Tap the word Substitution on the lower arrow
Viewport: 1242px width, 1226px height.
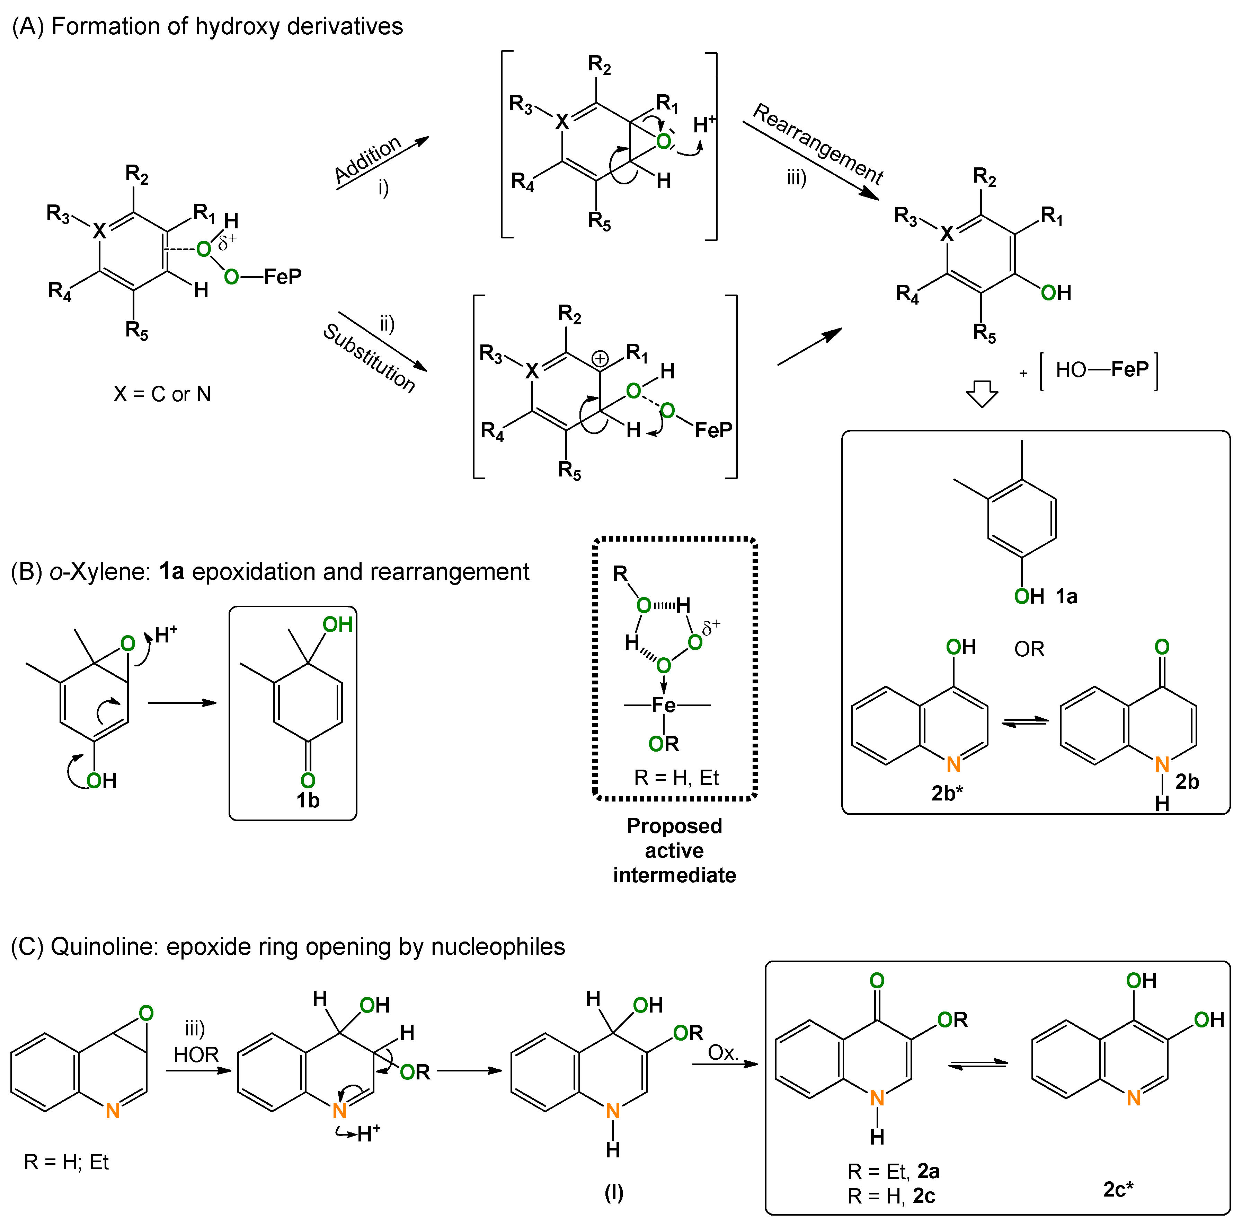pyautogui.click(x=369, y=358)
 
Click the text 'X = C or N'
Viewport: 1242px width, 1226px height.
pyautogui.click(x=162, y=394)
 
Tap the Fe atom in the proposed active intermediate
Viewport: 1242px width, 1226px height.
pyautogui.click(x=664, y=705)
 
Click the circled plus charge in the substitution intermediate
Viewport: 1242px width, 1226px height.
pyautogui.click(x=600, y=358)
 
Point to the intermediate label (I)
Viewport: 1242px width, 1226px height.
pyautogui.click(x=614, y=1193)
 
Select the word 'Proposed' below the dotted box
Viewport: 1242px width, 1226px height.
pyautogui.click(x=674, y=826)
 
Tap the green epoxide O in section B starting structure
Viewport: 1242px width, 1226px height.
pyautogui.click(x=128, y=643)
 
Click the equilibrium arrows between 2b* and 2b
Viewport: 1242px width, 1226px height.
pyautogui.click(x=1025, y=723)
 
